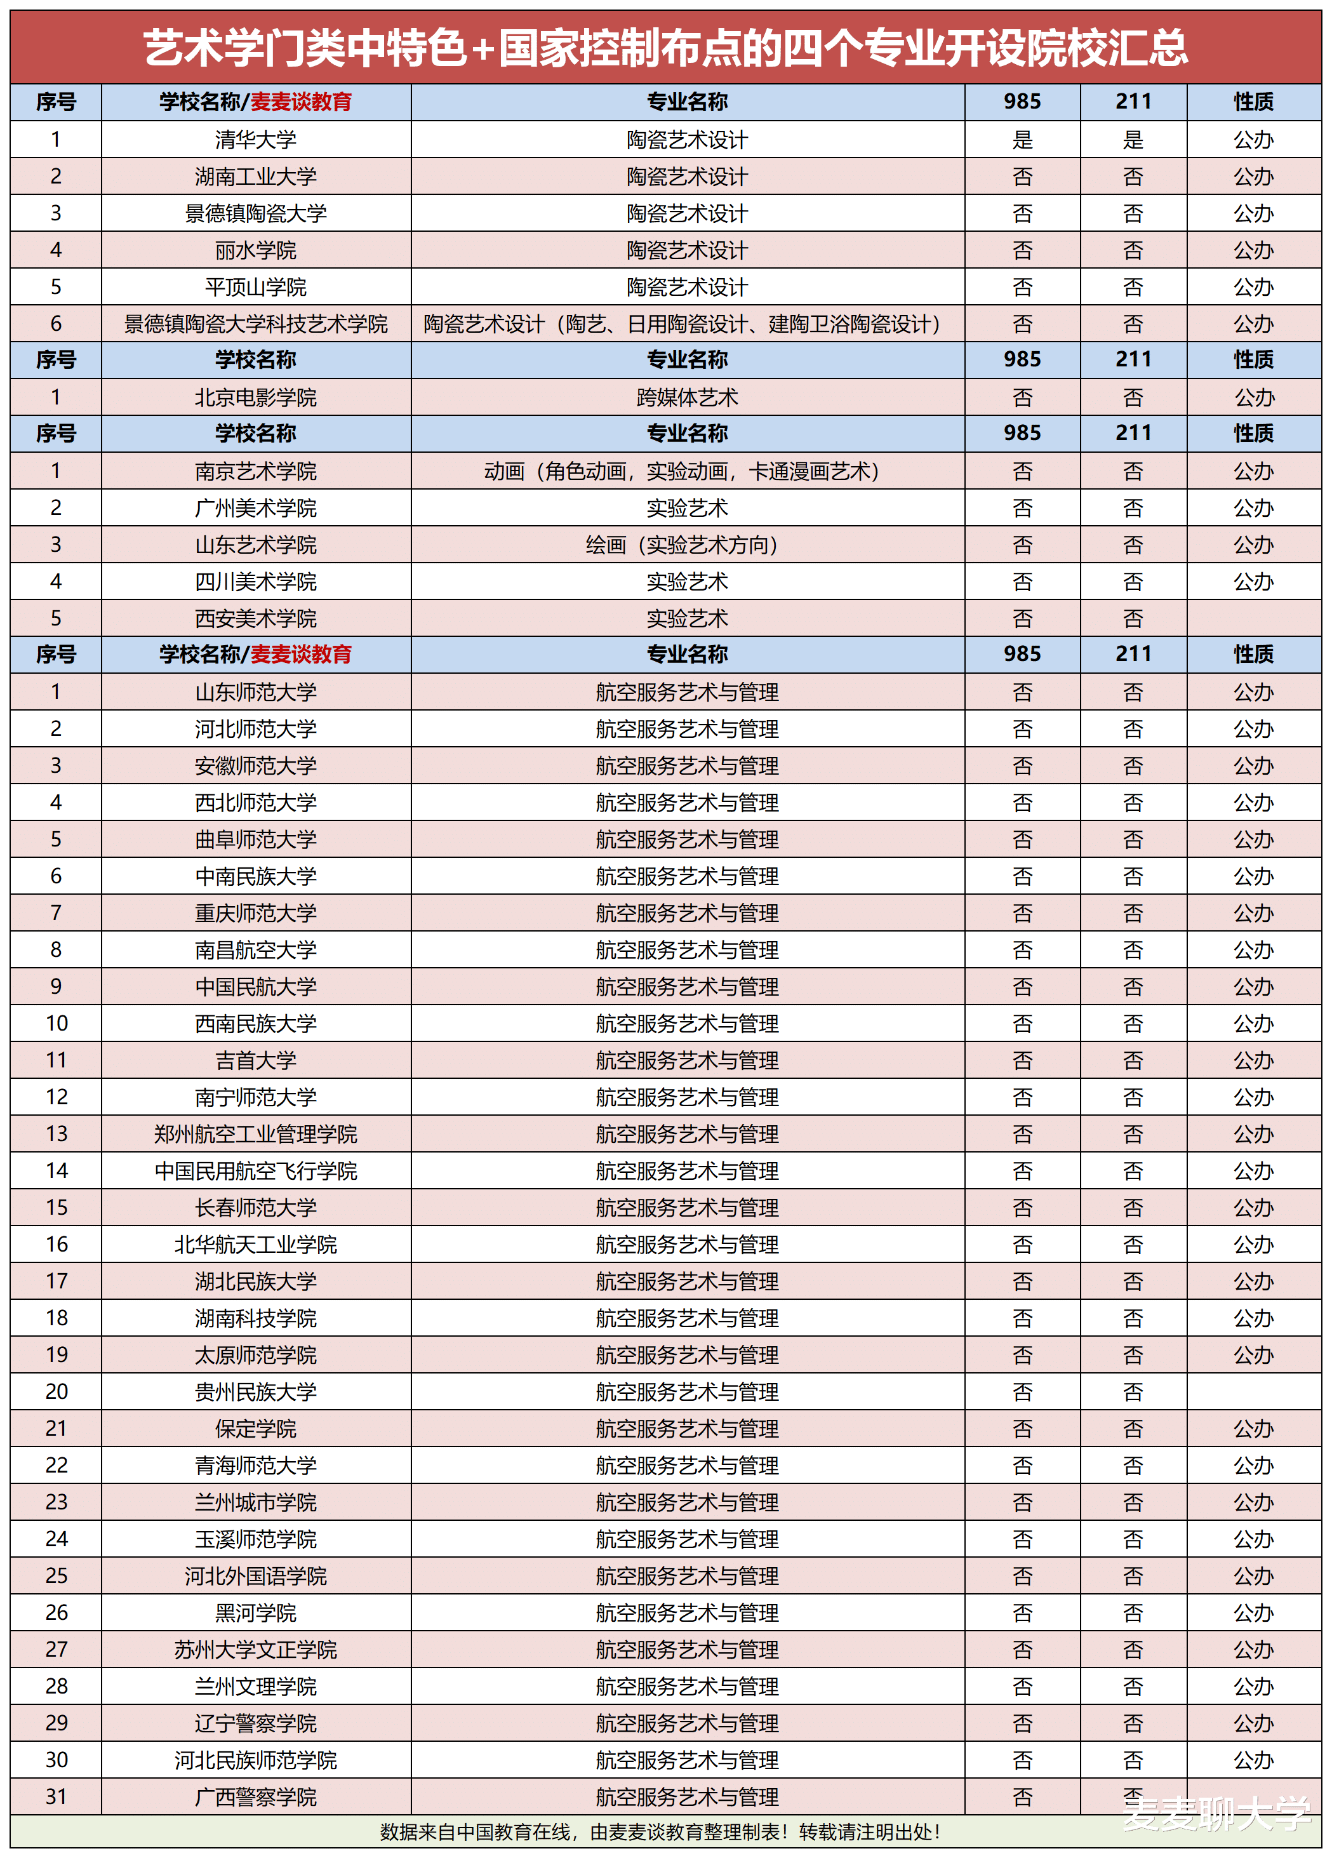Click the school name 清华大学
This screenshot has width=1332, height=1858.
pos(256,139)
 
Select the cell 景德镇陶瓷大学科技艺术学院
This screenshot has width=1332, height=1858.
pos(256,324)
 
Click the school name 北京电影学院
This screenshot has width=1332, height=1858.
pos(256,398)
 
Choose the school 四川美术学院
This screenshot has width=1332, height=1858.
pos(256,582)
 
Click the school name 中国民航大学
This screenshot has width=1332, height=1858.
pos(256,986)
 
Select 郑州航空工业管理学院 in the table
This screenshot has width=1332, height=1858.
pos(256,1134)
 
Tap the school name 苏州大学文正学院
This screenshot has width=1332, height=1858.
pos(256,1649)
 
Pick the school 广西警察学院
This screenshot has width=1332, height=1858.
pos(256,1796)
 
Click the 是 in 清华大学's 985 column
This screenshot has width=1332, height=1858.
pos(1022,139)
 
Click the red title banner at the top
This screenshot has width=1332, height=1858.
pos(665,48)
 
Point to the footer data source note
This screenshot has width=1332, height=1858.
pos(660,1832)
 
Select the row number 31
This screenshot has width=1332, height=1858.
pos(56,1796)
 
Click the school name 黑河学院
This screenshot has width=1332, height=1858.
pos(256,1612)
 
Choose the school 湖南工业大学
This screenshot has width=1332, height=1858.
pos(256,176)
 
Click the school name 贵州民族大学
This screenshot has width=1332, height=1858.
pos(256,1391)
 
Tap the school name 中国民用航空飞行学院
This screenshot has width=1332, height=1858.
pos(256,1171)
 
